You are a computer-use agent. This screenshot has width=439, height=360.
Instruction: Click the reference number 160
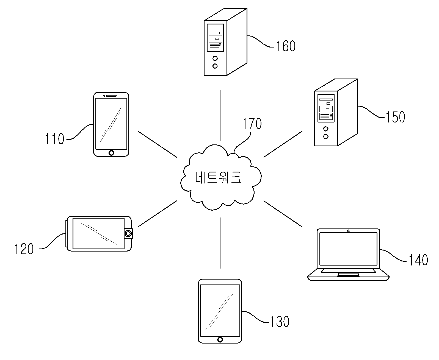(286, 46)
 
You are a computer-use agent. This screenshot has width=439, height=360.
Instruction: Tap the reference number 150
(395, 117)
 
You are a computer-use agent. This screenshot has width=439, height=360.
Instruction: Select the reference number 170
(252, 124)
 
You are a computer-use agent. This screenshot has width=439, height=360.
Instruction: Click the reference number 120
(24, 249)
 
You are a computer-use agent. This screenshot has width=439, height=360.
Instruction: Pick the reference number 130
(279, 322)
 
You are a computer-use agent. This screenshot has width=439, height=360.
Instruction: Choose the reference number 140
(418, 260)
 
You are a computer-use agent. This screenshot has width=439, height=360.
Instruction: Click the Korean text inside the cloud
(218, 177)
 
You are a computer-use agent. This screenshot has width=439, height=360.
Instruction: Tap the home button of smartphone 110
(111, 153)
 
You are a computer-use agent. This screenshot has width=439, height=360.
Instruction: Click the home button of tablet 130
(220, 340)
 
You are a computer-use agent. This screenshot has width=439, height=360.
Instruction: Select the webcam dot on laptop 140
(348, 231)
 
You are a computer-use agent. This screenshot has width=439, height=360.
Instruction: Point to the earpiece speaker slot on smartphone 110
(111, 96)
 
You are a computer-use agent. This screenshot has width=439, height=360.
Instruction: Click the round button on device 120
(128, 234)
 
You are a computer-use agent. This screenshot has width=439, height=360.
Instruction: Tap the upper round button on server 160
(215, 58)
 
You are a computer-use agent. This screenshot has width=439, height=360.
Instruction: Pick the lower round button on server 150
(326, 136)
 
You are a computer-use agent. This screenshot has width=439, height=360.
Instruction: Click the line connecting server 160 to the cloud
(220, 116)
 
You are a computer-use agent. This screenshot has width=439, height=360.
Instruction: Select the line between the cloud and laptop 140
(283, 214)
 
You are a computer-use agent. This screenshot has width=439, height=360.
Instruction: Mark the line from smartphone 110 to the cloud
(157, 144)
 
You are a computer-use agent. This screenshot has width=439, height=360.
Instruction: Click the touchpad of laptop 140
(348, 275)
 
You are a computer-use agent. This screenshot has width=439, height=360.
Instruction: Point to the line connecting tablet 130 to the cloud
(220, 243)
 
